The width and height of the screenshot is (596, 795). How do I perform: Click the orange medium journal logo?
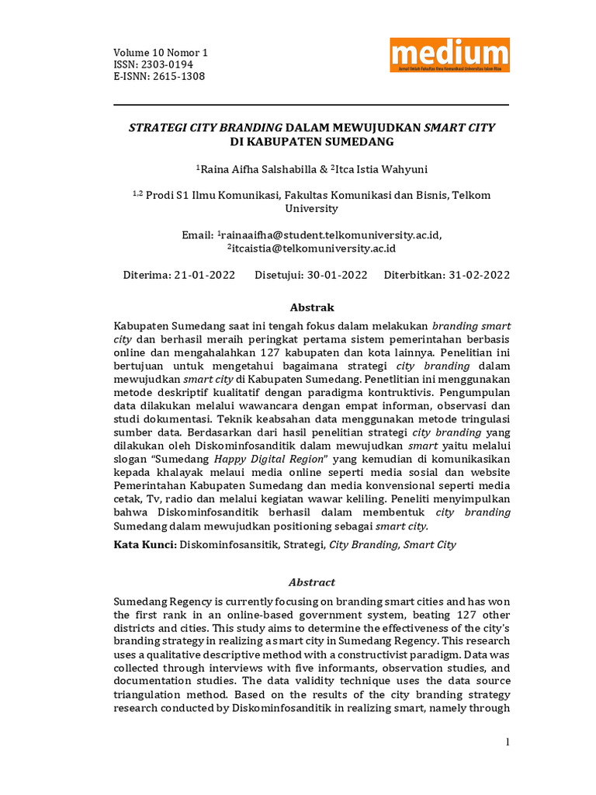(x=449, y=55)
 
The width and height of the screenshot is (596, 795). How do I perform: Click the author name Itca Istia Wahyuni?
(x=382, y=169)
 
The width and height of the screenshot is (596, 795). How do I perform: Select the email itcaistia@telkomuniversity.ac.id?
(x=314, y=248)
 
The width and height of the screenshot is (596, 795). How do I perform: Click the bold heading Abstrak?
(x=311, y=307)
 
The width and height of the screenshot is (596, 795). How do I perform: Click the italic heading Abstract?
(x=311, y=582)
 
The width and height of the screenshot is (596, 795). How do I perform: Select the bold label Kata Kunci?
(x=144, y=545)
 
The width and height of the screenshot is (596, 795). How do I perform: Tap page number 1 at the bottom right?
(x=508, y=743)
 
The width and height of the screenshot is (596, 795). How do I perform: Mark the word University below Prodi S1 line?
(x=311, y=208)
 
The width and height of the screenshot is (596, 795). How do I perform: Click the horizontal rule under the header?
(x=311, y=105)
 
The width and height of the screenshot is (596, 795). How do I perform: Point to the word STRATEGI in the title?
(x=158, y=127)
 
